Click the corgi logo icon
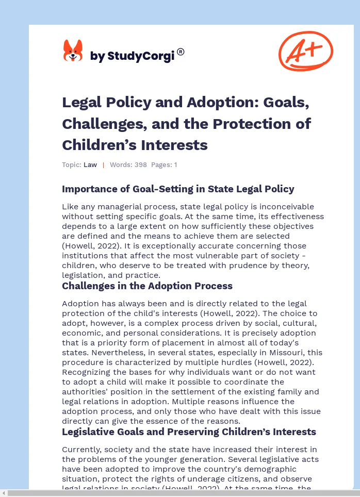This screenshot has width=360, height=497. click(73, 51)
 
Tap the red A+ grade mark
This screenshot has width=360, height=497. click(305, 51)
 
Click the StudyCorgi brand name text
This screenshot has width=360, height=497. click(132, 56)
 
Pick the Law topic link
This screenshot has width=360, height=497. click(90, 165)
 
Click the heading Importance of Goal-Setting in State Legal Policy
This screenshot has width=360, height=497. click(178, 189)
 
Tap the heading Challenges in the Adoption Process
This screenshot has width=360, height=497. click(147, 286)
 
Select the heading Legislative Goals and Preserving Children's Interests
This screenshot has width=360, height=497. click(189, 432)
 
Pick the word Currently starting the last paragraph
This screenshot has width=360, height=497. click(81, 450)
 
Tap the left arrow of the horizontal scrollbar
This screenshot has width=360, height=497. click(4, 493)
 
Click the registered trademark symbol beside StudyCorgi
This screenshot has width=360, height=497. click(181, 52)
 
